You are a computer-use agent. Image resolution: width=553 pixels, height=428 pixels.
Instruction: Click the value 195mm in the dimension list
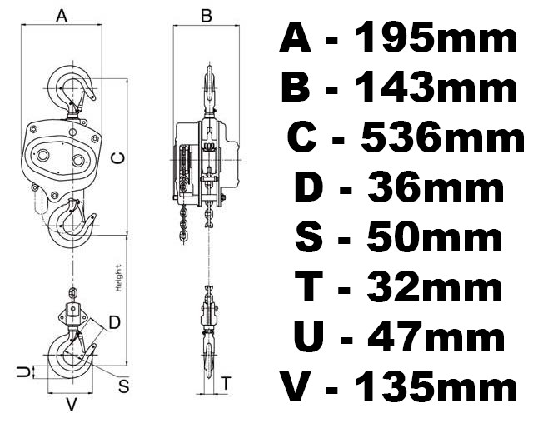tap(436, 37)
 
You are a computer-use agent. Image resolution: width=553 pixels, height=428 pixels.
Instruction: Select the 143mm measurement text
tap(436, 87)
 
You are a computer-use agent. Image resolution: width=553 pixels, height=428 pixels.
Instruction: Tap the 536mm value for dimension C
tap(442, 137)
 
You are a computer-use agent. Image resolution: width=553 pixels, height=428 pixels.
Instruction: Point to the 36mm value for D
tap(436, 187)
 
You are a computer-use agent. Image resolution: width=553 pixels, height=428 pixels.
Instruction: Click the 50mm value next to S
tap(435, 236)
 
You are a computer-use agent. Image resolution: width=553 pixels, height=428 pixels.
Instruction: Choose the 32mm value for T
tap(435, 286)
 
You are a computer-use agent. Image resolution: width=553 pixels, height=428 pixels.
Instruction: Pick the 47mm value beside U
tap(436, 336)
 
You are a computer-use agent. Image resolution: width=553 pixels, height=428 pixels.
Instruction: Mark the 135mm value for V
tap(436, 386)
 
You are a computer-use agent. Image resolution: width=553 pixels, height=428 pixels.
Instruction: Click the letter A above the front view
tap(62, 16)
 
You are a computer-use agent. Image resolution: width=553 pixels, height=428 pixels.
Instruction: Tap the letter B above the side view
tap(207, 16)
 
